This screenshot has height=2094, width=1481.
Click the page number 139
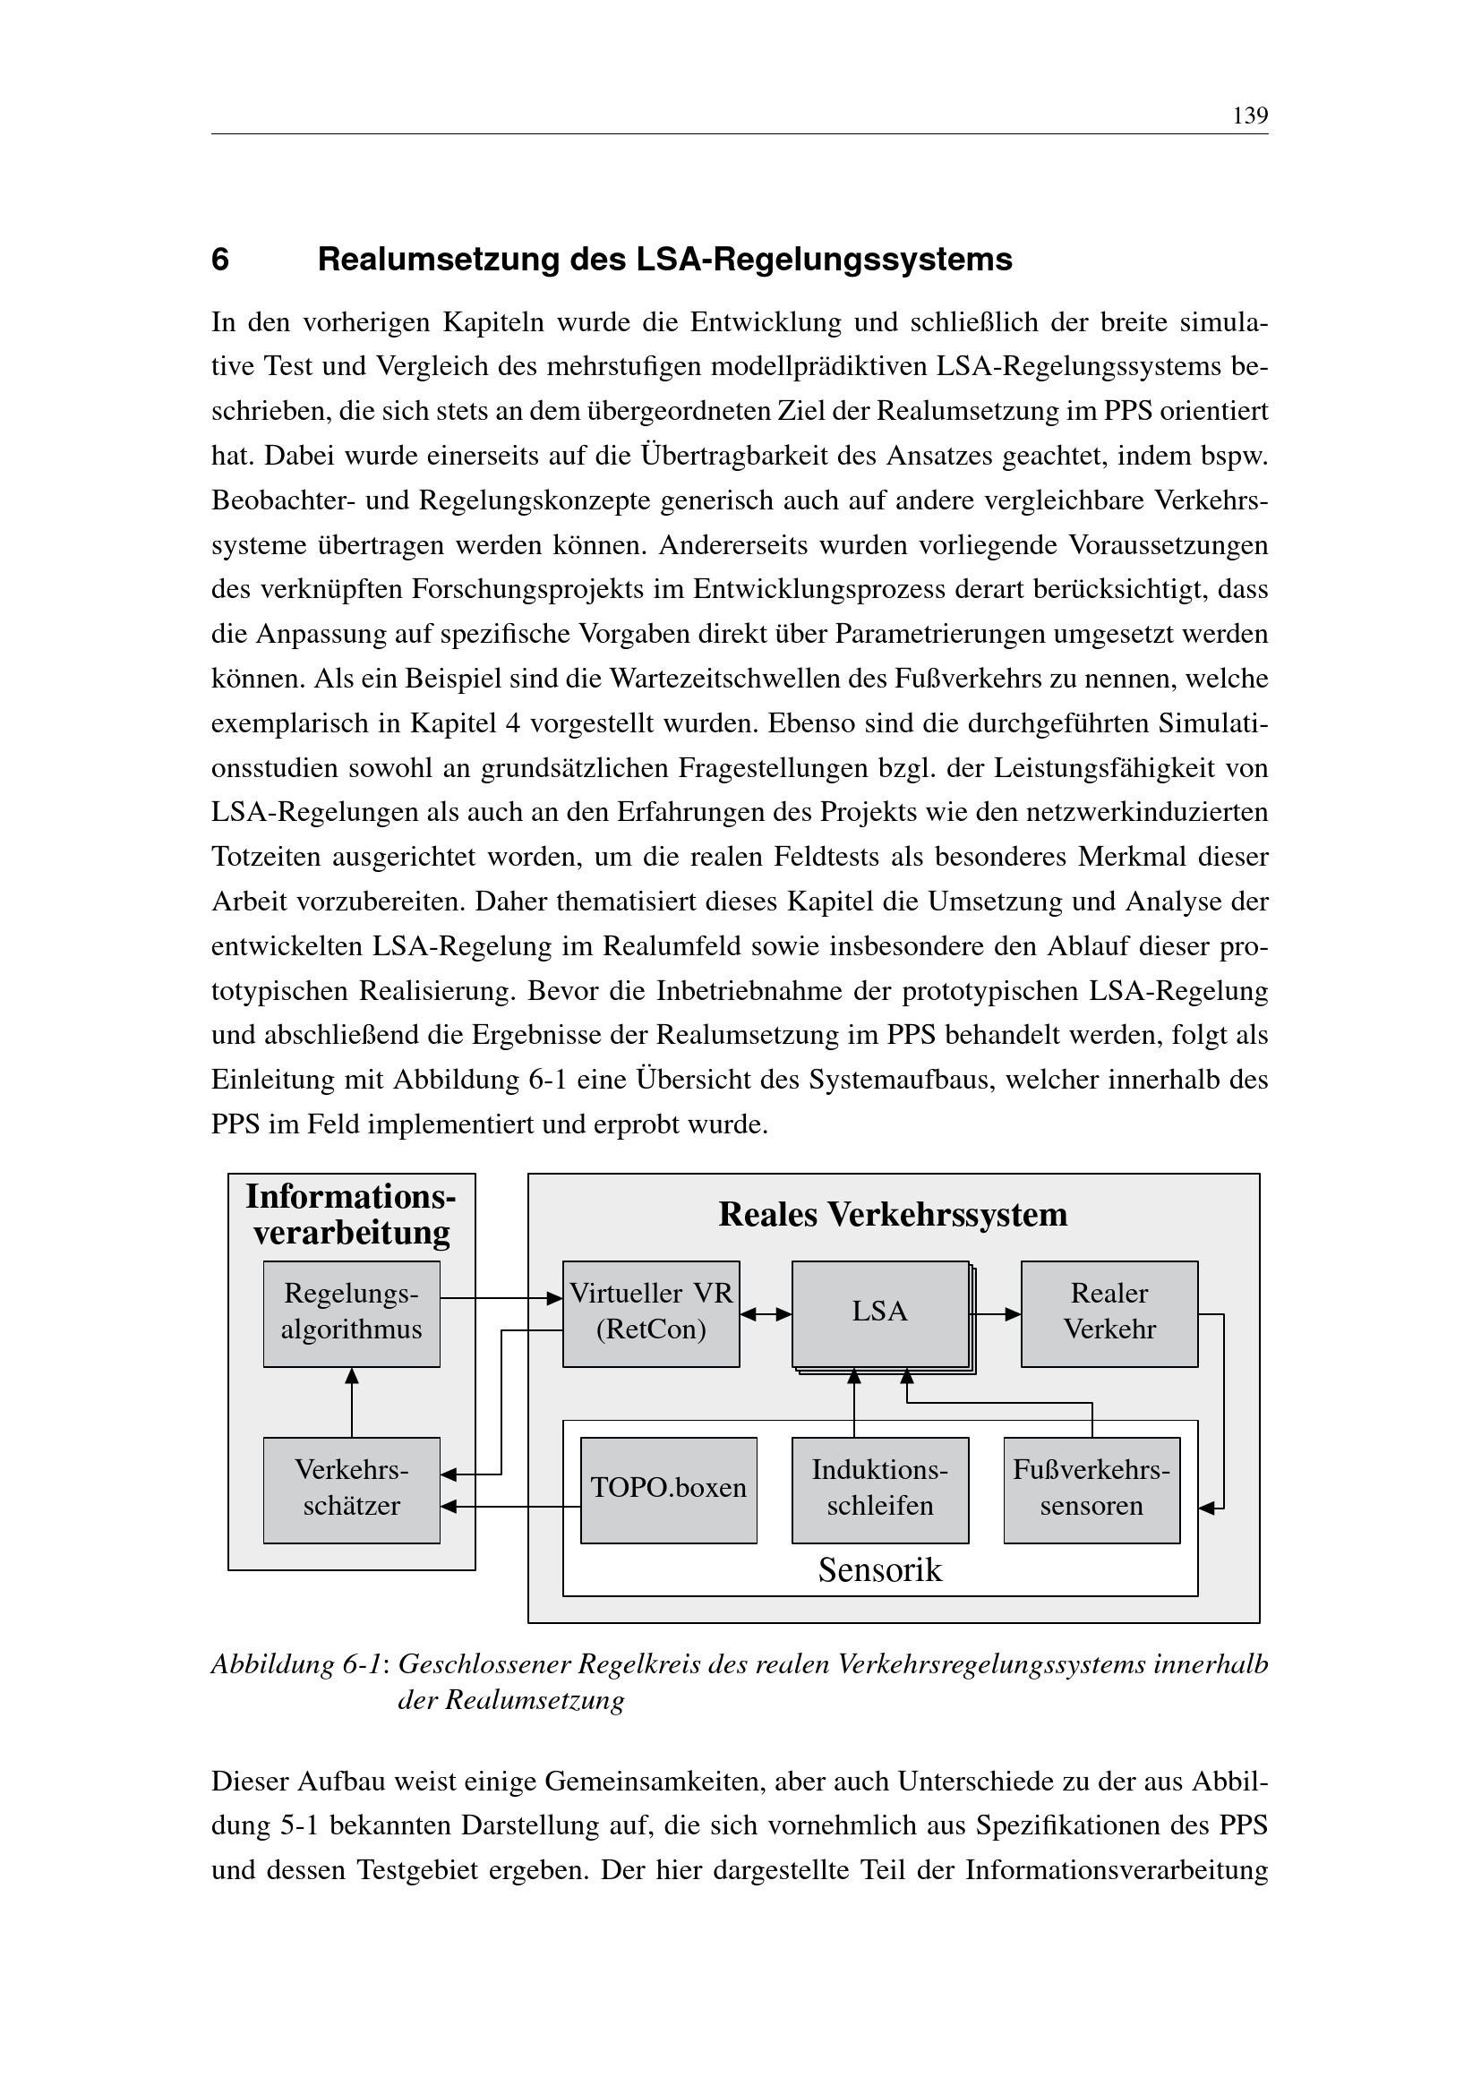tap(1249, 115)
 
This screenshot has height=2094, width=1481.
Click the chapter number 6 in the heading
tap(219, 260)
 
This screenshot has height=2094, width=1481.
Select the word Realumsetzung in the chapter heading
tap(439, 260)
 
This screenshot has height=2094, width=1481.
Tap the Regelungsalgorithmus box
tap(351, 1313)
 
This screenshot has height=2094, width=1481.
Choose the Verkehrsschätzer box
tap(351, 1490)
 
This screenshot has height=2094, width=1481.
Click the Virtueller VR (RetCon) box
tap(650, 1313)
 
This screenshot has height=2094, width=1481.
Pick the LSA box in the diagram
tap(879, 1313)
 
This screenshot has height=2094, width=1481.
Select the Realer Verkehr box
tap(1109, 1313)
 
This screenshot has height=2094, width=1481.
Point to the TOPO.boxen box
tap(669, 1490)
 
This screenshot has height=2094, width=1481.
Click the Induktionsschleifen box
tap(880, 1490)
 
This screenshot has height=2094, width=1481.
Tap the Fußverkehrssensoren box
tap(1091, 1490)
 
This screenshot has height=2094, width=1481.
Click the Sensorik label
tap(880, 1569)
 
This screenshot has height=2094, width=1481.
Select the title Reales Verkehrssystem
tap(893, 1215)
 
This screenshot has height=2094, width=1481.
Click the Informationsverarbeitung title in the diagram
tap(351, 1214)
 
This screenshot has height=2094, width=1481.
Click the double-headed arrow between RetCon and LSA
tap(766, 1314)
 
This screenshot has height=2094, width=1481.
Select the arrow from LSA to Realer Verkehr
tap(995, 1314)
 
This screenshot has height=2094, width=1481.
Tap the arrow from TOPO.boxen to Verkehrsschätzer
tap(510, 1507)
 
